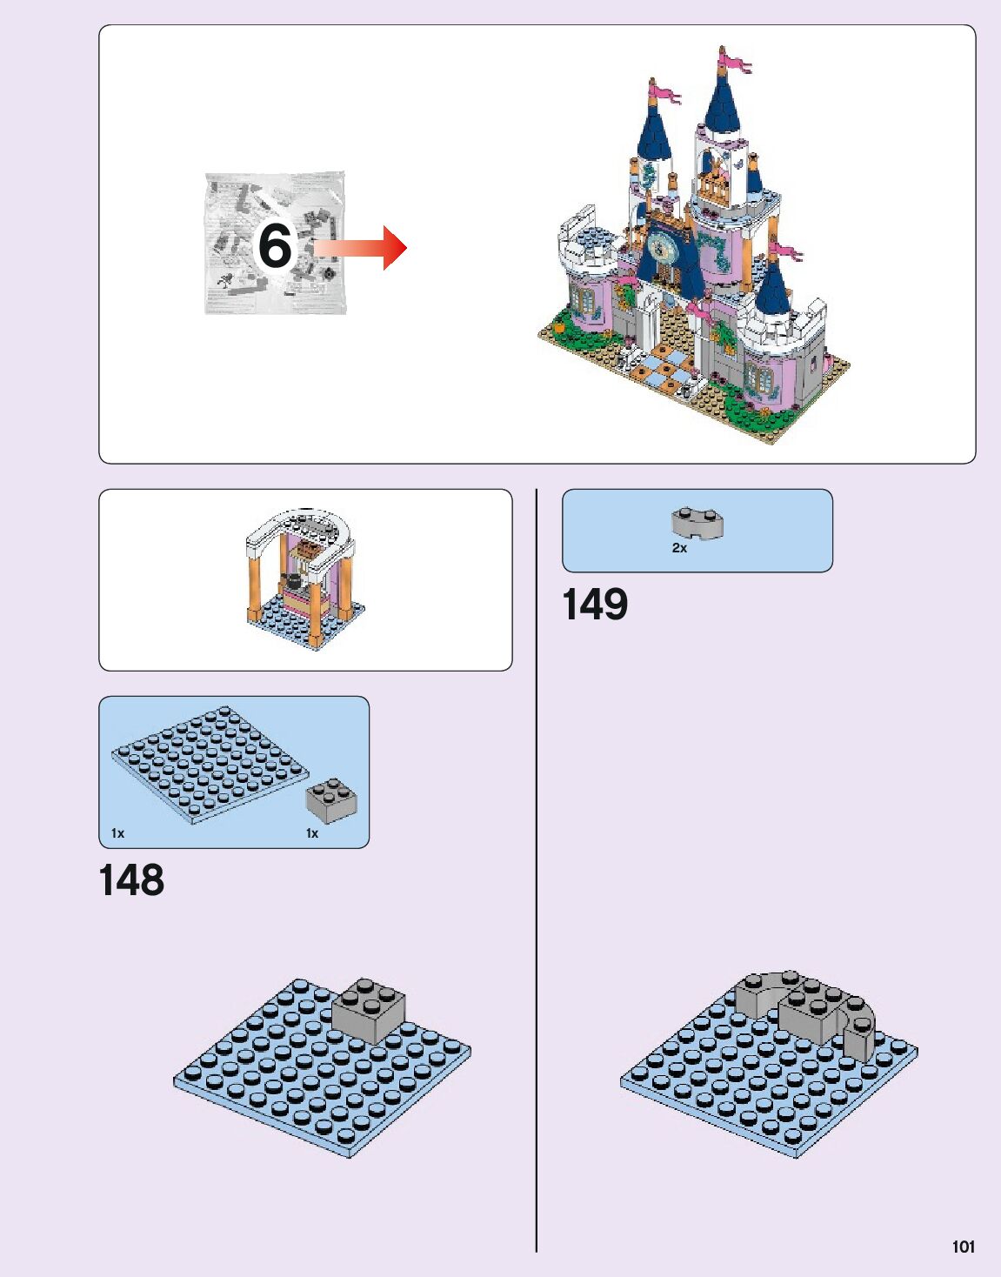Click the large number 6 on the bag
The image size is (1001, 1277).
(275, 246)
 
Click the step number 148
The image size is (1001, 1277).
(131, 880)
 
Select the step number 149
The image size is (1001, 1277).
(595, 605)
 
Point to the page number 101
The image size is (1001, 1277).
(964, 1247)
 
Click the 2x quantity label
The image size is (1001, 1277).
(679, 548)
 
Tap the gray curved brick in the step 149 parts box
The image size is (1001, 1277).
(697, 523)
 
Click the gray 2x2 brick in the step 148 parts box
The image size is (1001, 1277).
(330, 801)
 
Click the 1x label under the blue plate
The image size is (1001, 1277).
(117, 833)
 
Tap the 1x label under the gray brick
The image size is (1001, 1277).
(312, 833)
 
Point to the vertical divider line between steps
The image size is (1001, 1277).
(537, 870)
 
